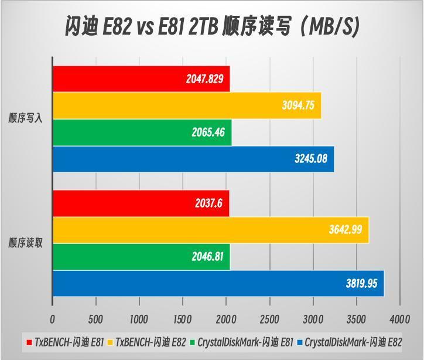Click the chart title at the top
click(212, 26)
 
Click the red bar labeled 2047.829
click(141, 79)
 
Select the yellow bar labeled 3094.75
click(186, 106)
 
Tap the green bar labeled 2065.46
click(142, 133)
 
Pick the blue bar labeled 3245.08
click(193, 159)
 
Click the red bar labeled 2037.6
click(141, 203)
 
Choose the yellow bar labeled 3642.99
click(211, 230)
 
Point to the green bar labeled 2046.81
click(141, 256)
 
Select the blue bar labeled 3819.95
click(218, 283)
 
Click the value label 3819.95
click(362, 283)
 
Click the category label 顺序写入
click(25, 119)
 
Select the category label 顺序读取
click(25, 243)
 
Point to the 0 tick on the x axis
click(53, 320)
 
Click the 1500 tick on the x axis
click(183, 320)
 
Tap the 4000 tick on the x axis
click(400, 320)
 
